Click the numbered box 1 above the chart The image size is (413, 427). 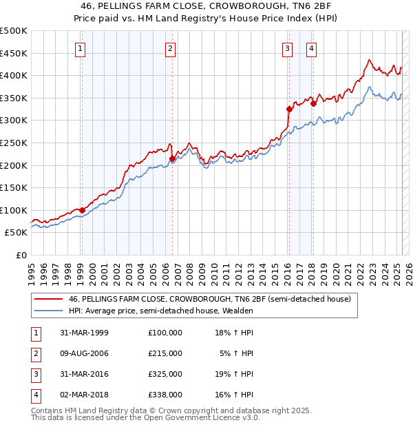81,48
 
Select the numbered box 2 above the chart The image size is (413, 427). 170,48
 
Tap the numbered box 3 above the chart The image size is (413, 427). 287,48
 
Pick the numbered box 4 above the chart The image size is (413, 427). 312,48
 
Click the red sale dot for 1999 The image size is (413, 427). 82,210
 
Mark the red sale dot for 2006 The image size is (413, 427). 172,158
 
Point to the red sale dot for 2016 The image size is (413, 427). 289,109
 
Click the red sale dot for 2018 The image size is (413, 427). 313,103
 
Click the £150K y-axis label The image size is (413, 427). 14,187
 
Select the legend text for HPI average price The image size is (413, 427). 161,311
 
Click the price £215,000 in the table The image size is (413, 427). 165,353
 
